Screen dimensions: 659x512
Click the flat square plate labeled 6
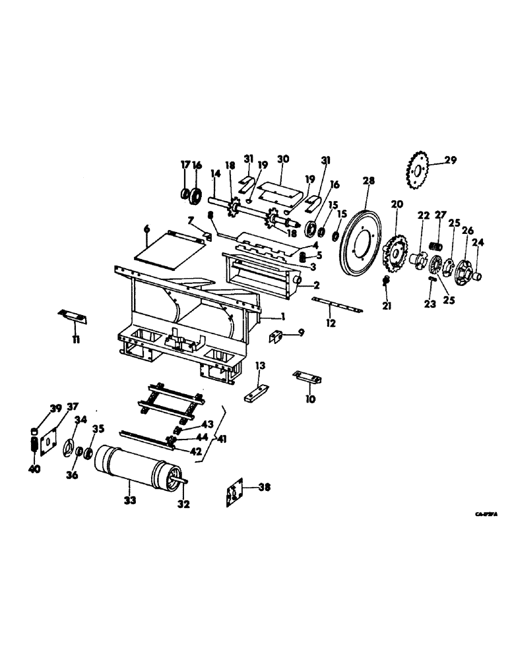(x=170, y=253)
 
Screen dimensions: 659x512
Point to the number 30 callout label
(x=283, y=159)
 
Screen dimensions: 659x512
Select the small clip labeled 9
(x=276, y=336)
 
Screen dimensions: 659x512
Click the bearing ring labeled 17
(x=185, y=194)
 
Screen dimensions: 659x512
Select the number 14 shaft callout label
(x=214, y=175)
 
